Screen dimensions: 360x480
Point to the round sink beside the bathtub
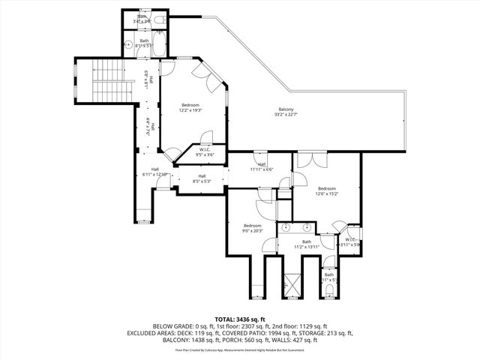128,43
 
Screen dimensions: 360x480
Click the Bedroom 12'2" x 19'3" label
190,107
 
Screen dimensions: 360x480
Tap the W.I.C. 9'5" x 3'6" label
205,152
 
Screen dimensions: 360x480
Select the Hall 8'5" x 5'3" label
202,178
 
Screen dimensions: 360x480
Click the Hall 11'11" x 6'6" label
262,166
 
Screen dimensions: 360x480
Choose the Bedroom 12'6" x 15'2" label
327,190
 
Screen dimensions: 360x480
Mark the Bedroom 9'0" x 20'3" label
253,228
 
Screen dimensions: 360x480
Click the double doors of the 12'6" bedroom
310,160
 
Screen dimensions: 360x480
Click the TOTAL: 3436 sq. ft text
240,319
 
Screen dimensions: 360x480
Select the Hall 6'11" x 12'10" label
155,172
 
